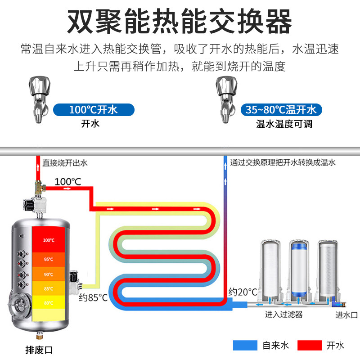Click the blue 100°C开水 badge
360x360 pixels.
[x=94, y=110]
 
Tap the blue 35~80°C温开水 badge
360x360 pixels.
[x=281, y=110]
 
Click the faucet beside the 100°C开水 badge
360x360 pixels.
[x=39, y=99]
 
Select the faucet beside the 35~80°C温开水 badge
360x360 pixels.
[x=226, y=99]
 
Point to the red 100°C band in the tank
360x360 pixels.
[x=49, y=239]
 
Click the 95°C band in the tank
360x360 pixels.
[x=49, y=260]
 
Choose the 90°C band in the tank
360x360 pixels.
[x=49, y=274]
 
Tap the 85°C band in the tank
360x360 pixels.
[x=49, y=288]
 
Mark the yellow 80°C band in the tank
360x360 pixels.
[x=49, y=302]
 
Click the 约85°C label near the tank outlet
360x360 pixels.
[x=93, y=297]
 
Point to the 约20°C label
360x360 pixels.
[x=243, y=292]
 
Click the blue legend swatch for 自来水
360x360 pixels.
[x=245, y=345]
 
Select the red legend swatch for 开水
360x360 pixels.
[x=310, y=345]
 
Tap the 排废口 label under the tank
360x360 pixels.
[x=39, y=350]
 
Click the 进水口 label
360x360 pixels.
[x=346, y=315]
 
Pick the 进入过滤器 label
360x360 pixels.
[x=284, y=314]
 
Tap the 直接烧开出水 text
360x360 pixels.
[x=65, y=163]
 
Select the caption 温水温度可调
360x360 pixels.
[x=284, y=124]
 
